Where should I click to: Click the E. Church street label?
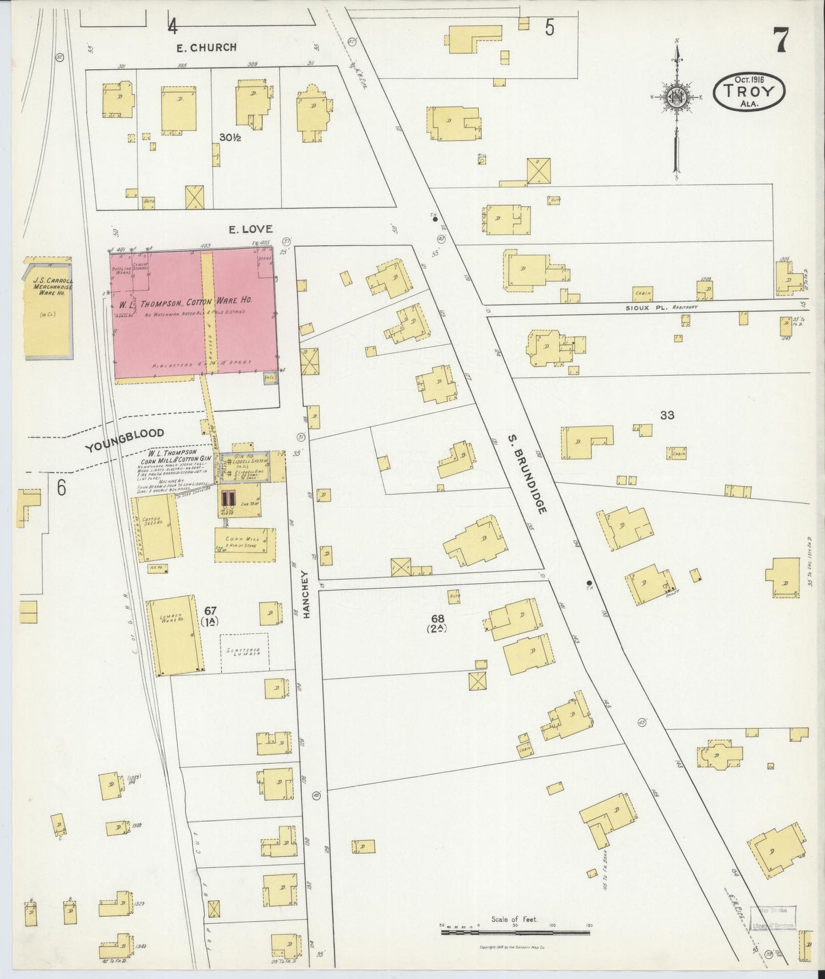point(206,47)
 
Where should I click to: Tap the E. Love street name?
point(250,229)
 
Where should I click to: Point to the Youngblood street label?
point(124,440)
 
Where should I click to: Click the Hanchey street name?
point(307,594)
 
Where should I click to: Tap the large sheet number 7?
point(781,39)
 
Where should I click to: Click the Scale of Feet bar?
point(515,932)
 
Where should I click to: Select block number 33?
point(667,415)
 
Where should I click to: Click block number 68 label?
point(438,619)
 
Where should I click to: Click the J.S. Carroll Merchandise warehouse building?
point(48,308)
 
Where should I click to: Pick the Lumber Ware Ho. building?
point(174,636)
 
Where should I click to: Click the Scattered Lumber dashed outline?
point(244,652)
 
